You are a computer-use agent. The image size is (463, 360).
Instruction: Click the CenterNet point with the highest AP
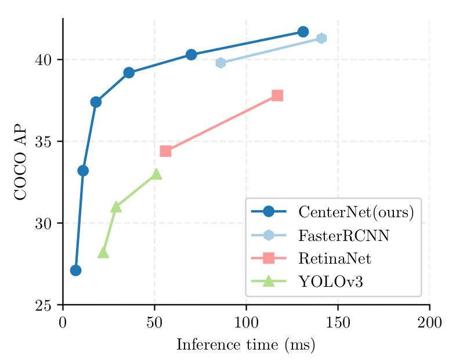pyautogui.click(x=303, y=31)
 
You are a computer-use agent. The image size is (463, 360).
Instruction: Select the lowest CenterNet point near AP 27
pyautogui.click(x=75, y=270)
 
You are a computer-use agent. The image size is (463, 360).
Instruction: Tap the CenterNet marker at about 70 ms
pyautogui.click(x=191, y=55)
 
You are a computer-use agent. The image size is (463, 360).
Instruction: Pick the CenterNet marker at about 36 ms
pyautogui.click(x=129, y=73)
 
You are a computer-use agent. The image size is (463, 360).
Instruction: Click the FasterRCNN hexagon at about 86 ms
pyautogui.click(x=220, y=63)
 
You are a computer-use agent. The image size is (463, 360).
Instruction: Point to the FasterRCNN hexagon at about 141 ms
pyautogui.click(x=321, y=38)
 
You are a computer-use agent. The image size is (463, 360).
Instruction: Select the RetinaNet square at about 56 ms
pyautogui.click(x=165, y=151)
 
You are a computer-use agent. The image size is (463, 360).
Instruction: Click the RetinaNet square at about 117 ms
pyautogui.click(x=277, y=95)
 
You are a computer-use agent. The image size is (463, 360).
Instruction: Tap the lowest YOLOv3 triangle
pyautogui.click(x=103, y=253)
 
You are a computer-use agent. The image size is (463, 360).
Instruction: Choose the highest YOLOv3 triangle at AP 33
pyautogui.click(x=156, y=174)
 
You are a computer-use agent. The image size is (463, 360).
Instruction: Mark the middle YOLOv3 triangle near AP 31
pyautogui.click(x=116, y=207)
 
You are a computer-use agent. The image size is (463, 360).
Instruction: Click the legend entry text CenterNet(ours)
pyautogui.click(x=356, y=212)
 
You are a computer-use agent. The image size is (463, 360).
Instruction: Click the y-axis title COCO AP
pyautogui.click(x=20, y=162)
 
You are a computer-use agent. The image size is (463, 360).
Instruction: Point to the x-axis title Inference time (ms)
pyautogui.click(x=245, y=344)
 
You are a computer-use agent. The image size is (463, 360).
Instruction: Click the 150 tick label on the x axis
pyautogui.click(x=338, y=323)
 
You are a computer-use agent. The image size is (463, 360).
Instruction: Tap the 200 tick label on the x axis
pyautogui.click(x=429, y=323)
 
